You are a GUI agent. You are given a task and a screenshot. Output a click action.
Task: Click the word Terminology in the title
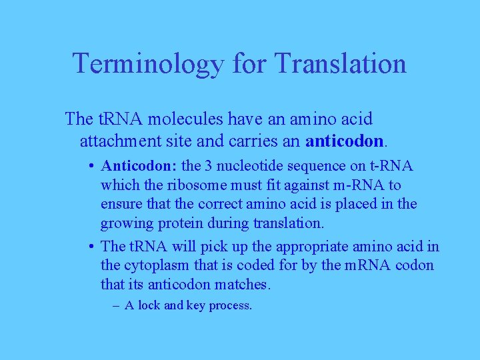149,64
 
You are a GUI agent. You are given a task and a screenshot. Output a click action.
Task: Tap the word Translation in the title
340,64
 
